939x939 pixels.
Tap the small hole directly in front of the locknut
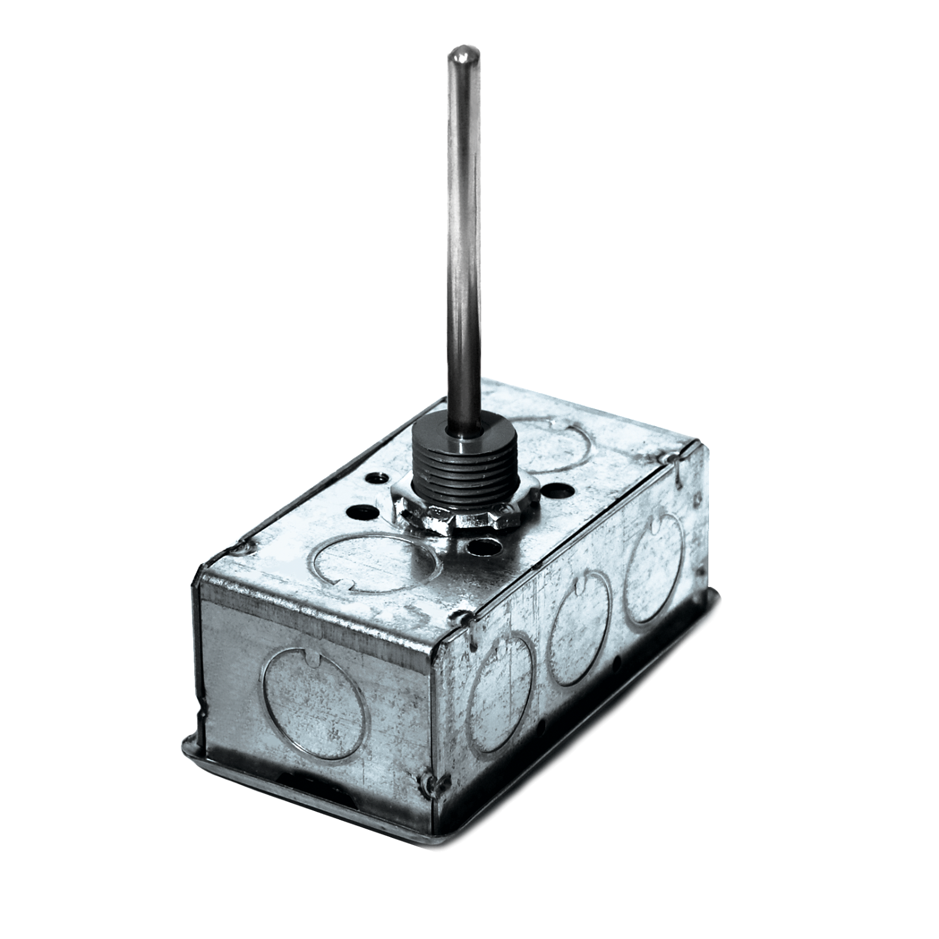[487, 549]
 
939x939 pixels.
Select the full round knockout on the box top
[370, 560]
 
